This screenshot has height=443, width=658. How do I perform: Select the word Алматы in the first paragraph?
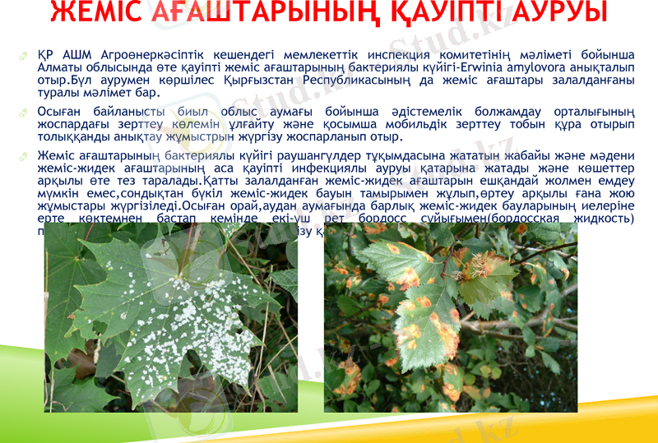(64, 67)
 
